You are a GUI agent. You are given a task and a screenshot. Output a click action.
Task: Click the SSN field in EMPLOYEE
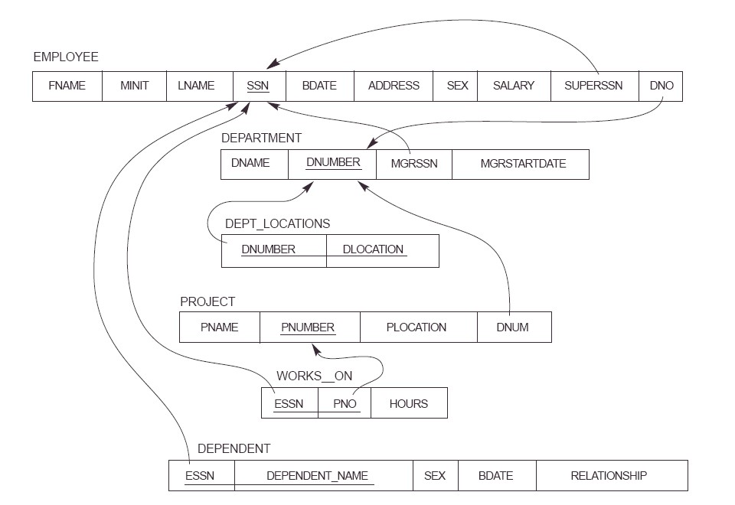pyautogui.click(x=258, y=86)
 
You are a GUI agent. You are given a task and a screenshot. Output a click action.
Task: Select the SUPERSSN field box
pyautogui.click(x=594, y=86)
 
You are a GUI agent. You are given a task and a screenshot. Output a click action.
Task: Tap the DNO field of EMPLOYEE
pyautogui.click(x=661, y=86)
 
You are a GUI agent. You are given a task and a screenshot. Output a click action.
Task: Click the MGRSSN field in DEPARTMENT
pyautogui.click(x=414, y=164)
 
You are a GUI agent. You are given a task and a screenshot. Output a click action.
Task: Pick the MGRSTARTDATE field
pyautogui.click(x=523, y=164)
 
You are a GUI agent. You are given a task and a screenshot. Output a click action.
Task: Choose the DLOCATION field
pyautogui.click(x=374, y=249)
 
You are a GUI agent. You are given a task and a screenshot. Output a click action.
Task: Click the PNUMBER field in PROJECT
pyautogui.click(x=308, y=327)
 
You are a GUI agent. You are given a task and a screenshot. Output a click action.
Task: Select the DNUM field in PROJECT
pyautogui.click(x=512, y=327)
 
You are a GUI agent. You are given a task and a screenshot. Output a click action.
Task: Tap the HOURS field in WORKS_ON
pyautogui.click(x=409, y=403)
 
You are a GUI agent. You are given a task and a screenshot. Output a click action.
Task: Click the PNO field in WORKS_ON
pyautogui.click(x=345, y=403)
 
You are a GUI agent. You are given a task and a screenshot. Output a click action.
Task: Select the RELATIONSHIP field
pyautogui.click(x=609, y=475)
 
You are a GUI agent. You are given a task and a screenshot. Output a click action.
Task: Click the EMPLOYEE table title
pyautogui.click(x=65, y=57)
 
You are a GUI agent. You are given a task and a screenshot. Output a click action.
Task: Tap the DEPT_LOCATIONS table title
pyautogui.click(x=277, y=223)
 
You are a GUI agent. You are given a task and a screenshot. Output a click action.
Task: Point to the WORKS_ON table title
pyautogui.click(x=309, y=377)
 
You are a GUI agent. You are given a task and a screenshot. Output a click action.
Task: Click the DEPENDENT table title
pyautogui.click(x=234, y=448)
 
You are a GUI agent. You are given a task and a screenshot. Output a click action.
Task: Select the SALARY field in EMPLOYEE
pyautogui.click(x=513, y=86)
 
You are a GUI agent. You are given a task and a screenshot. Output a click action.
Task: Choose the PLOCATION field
pyautogui.click(x=416, y=327)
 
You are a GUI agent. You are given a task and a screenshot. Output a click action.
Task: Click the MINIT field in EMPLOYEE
pyautogui.click(x=134, y=86)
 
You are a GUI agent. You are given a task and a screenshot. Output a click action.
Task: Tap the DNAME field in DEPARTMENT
pyautogui.click(x=250, y=164)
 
